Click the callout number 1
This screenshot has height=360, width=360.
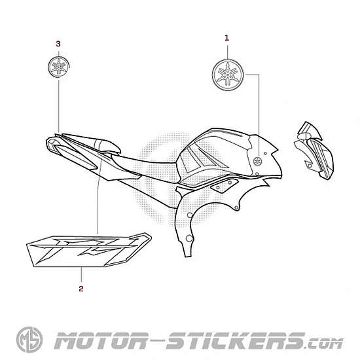pos(226,38)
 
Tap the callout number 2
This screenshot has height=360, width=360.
pos(81,289)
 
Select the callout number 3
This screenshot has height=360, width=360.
pos(58,44)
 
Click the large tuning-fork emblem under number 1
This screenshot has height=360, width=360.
pos(228,75)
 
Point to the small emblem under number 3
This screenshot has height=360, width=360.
pos(59,67)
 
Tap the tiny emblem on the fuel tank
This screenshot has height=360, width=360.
pos(258,161)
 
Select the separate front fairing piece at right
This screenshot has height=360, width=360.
pos(314,151)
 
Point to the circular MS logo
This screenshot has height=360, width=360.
pos(29,340)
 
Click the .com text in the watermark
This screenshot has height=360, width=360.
pos(325,343)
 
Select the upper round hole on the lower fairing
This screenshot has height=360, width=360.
pos(190,215)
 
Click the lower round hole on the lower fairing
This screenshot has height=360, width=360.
pos(189,238)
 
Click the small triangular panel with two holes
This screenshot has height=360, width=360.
pos(223,184)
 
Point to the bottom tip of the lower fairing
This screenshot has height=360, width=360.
pos(189,256)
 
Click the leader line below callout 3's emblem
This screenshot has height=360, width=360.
pos(59,106)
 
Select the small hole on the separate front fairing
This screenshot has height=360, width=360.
pos(309,166)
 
